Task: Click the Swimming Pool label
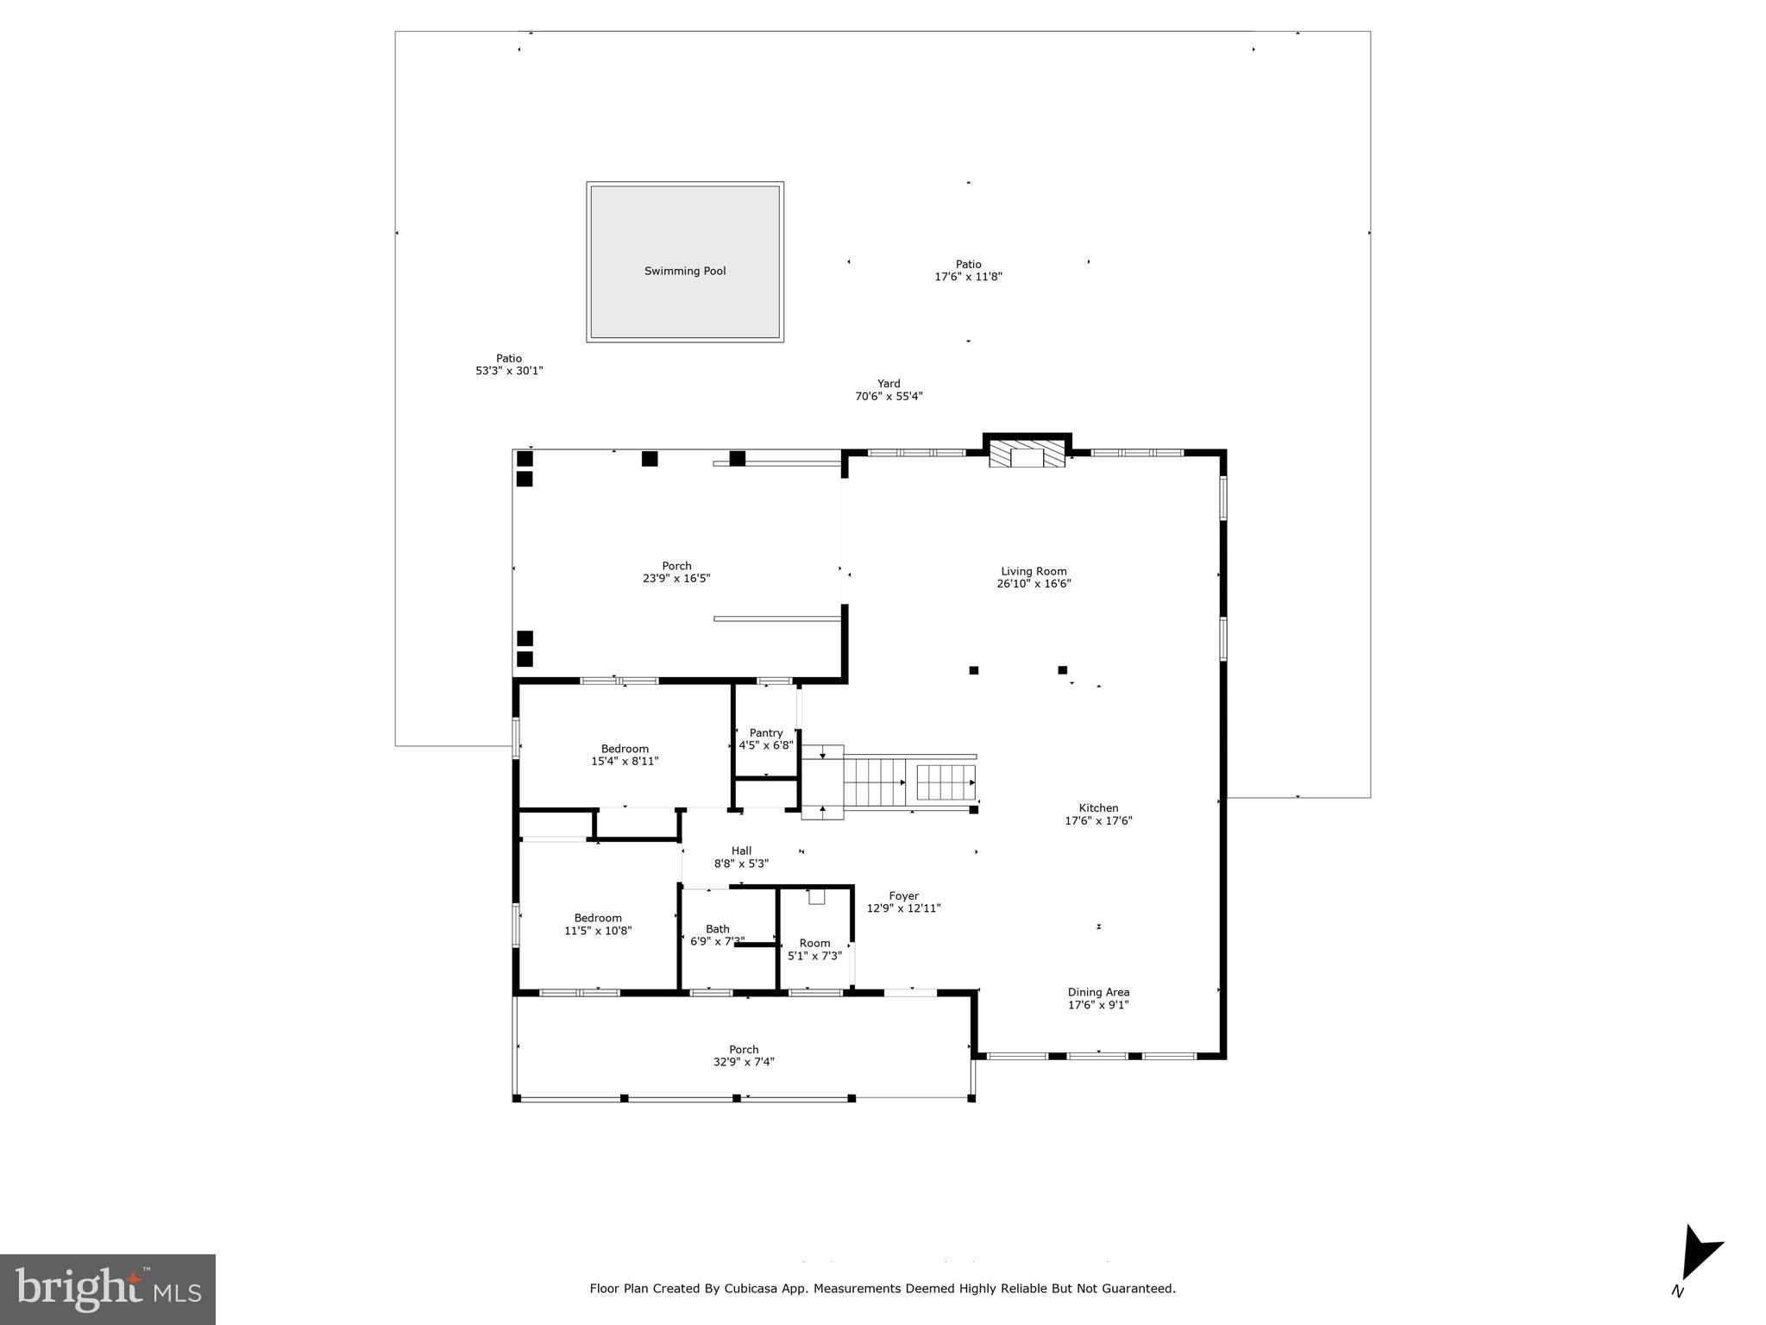point(685,271)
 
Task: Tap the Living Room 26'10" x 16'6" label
point(1034,577)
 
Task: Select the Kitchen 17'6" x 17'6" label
point(1098,814)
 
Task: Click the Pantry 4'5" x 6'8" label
point(766,739)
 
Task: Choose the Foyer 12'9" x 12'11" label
point(903,902)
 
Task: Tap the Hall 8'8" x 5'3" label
point(741,857)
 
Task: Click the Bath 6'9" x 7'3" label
point(717,935)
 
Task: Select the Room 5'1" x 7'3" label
point(814,949)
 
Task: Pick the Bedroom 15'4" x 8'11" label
point(625,755)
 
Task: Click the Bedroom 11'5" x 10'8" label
point(598,924)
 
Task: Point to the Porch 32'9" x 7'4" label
point(744,1056)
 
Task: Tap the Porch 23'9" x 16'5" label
point(676,572)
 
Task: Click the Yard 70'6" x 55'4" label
point(889,390)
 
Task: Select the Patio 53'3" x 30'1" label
point(509,364)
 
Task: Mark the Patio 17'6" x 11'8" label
point(968,271)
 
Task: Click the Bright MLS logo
point(108,1289)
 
